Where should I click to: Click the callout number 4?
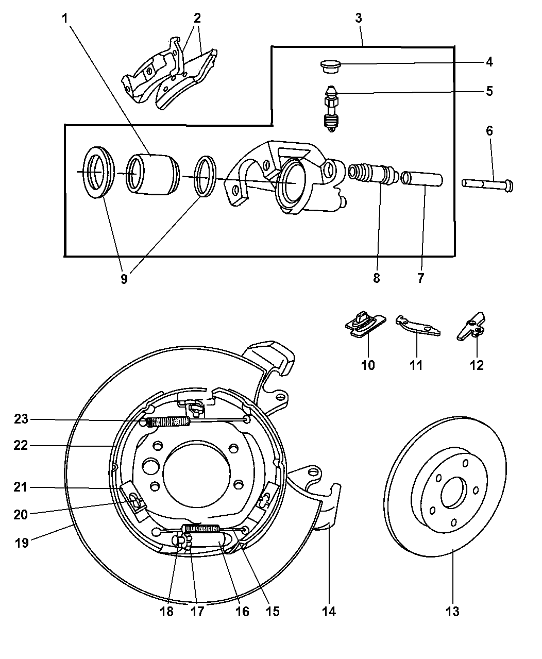pos(489,62)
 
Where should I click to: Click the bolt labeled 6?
pos(487,184)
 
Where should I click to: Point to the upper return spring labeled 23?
pos(168,422)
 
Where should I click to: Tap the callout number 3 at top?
pos(359,18)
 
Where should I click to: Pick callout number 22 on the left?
pos(21,445)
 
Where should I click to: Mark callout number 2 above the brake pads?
pos(197,18)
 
